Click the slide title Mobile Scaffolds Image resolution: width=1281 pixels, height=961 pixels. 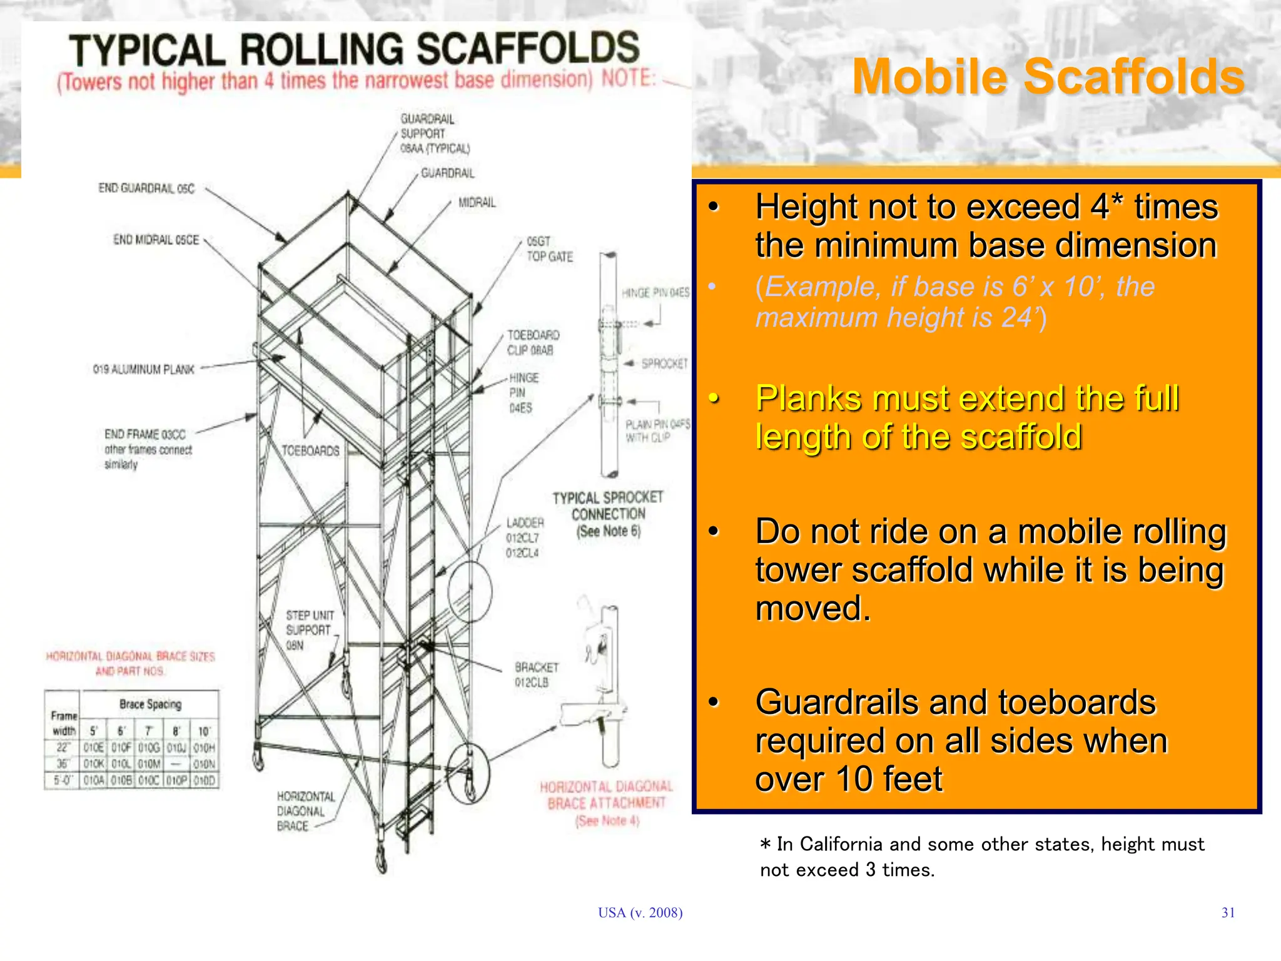pos(1048,77)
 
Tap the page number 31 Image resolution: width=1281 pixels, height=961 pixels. pos(1228,913)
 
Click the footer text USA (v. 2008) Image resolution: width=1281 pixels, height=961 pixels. pos(640,913)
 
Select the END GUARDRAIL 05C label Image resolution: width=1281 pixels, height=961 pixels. pos(146,188)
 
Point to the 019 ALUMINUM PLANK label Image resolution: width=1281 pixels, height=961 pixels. pos(144,370)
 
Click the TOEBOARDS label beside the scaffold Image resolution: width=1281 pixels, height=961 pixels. pos(310,451)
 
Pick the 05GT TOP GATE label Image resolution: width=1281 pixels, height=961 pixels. pos(549,249)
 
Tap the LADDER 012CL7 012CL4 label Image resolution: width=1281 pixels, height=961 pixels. pos(524,537)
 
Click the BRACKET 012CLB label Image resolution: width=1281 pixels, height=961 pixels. pos(536,674)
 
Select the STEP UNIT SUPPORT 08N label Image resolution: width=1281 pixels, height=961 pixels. pos(309,630)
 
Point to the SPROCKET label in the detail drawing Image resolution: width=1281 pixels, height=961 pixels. pos(664,364)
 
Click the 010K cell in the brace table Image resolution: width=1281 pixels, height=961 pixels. pos(94,764)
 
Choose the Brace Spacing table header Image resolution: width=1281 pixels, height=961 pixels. pos(150,704)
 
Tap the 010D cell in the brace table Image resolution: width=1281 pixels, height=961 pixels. pos(205,781)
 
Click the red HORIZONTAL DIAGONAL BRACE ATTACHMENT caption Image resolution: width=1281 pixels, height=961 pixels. pos(606,803)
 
